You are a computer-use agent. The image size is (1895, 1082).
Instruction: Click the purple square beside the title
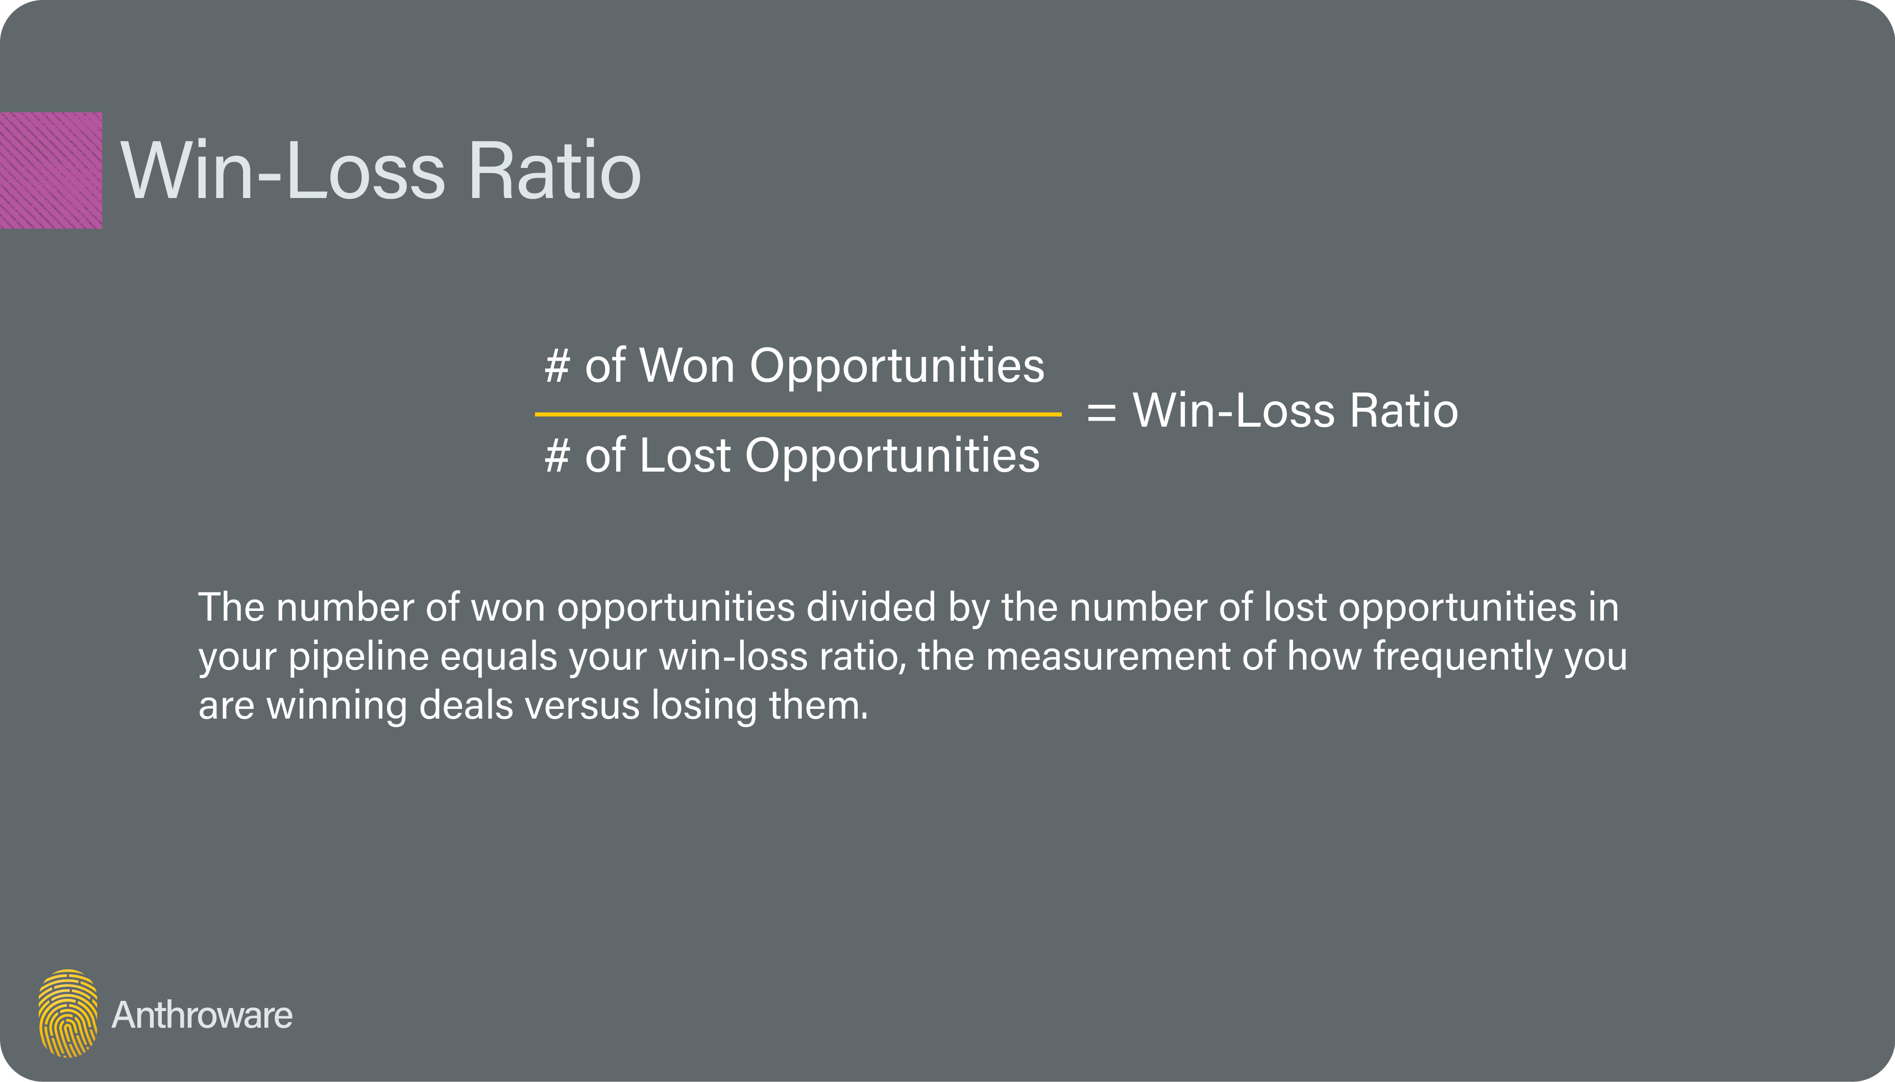(51, 170)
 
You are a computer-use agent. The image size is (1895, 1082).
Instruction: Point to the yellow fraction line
(797, 414)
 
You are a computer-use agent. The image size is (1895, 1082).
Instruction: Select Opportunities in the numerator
(896, 367)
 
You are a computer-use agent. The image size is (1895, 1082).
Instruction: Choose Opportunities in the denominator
(892, 456)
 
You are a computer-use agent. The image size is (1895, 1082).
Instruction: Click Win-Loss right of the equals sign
(1233, 410)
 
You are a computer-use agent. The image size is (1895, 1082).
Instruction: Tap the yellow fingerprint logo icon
(67, 1013)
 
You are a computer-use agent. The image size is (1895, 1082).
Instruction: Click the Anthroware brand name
(202, 1015)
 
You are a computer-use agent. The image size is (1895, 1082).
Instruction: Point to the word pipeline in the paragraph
(358, 657)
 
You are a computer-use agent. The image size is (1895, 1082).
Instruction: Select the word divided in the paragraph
(871, 607)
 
